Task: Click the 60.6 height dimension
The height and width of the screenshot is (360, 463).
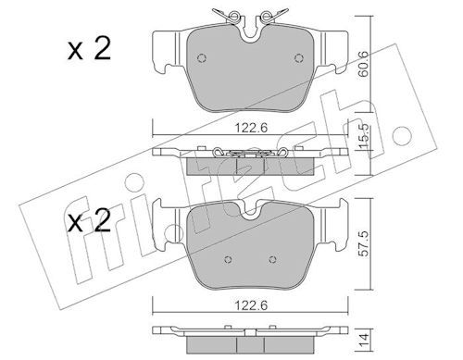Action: click(x=364, y=64)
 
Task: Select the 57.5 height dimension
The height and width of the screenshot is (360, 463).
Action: click(x=364, y=243)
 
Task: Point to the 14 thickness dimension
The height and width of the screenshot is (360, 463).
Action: click(x=364, y=340)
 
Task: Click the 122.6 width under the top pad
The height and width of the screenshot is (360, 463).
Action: click(x=251, y=128)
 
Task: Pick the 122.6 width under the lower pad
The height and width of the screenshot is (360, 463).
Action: click(x=251, y=305)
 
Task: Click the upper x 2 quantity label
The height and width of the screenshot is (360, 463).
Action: click(x=89, y=49)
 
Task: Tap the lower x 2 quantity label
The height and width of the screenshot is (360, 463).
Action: click(x=89, y=220)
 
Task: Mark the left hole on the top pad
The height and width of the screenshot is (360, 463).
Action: click(x=202, y=58)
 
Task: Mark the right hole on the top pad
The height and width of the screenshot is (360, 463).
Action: click(x=299, y=58)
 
